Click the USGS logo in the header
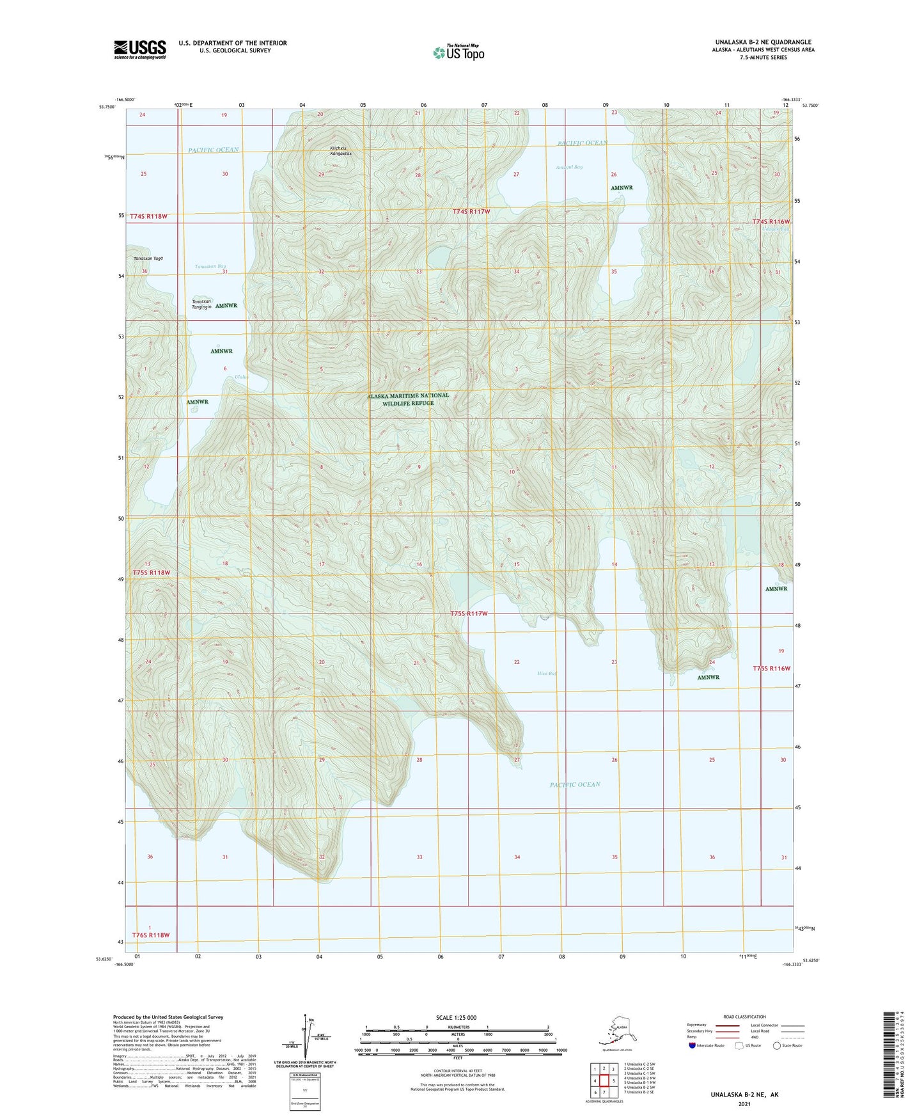coord(139,49)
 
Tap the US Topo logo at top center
coord(458,52)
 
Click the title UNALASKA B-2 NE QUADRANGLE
coord(755,42)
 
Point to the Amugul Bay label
coord(568,167)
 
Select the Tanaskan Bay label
coord(210,266)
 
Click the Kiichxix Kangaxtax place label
coord(340,151)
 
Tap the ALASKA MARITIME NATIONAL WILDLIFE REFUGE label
coord(408,399)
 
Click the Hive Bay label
coord(547,673)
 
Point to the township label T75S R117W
coord(469,614)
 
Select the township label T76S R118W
coord(151,935)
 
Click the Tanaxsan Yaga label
coord(148,258)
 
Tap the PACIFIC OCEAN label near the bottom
coord(574,784)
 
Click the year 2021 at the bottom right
coord(744,1104)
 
